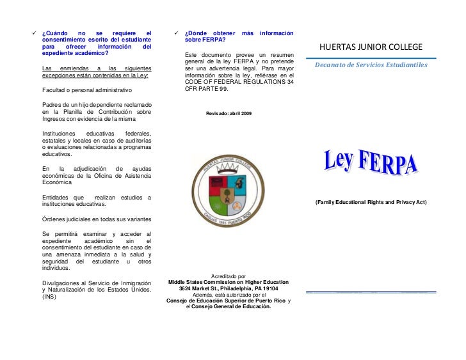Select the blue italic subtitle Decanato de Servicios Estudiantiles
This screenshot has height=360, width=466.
tap(372, 65)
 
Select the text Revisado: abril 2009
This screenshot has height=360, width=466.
tap(229, 113)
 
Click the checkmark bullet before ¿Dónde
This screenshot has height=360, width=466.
tap(177, 33)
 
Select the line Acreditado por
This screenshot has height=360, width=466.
tap(228, 276)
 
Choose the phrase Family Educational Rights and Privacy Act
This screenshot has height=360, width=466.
tap(371, 202)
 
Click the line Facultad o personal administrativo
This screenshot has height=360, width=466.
tap(86, 90)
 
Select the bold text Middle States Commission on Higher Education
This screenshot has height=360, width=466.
tap(229, 282)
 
